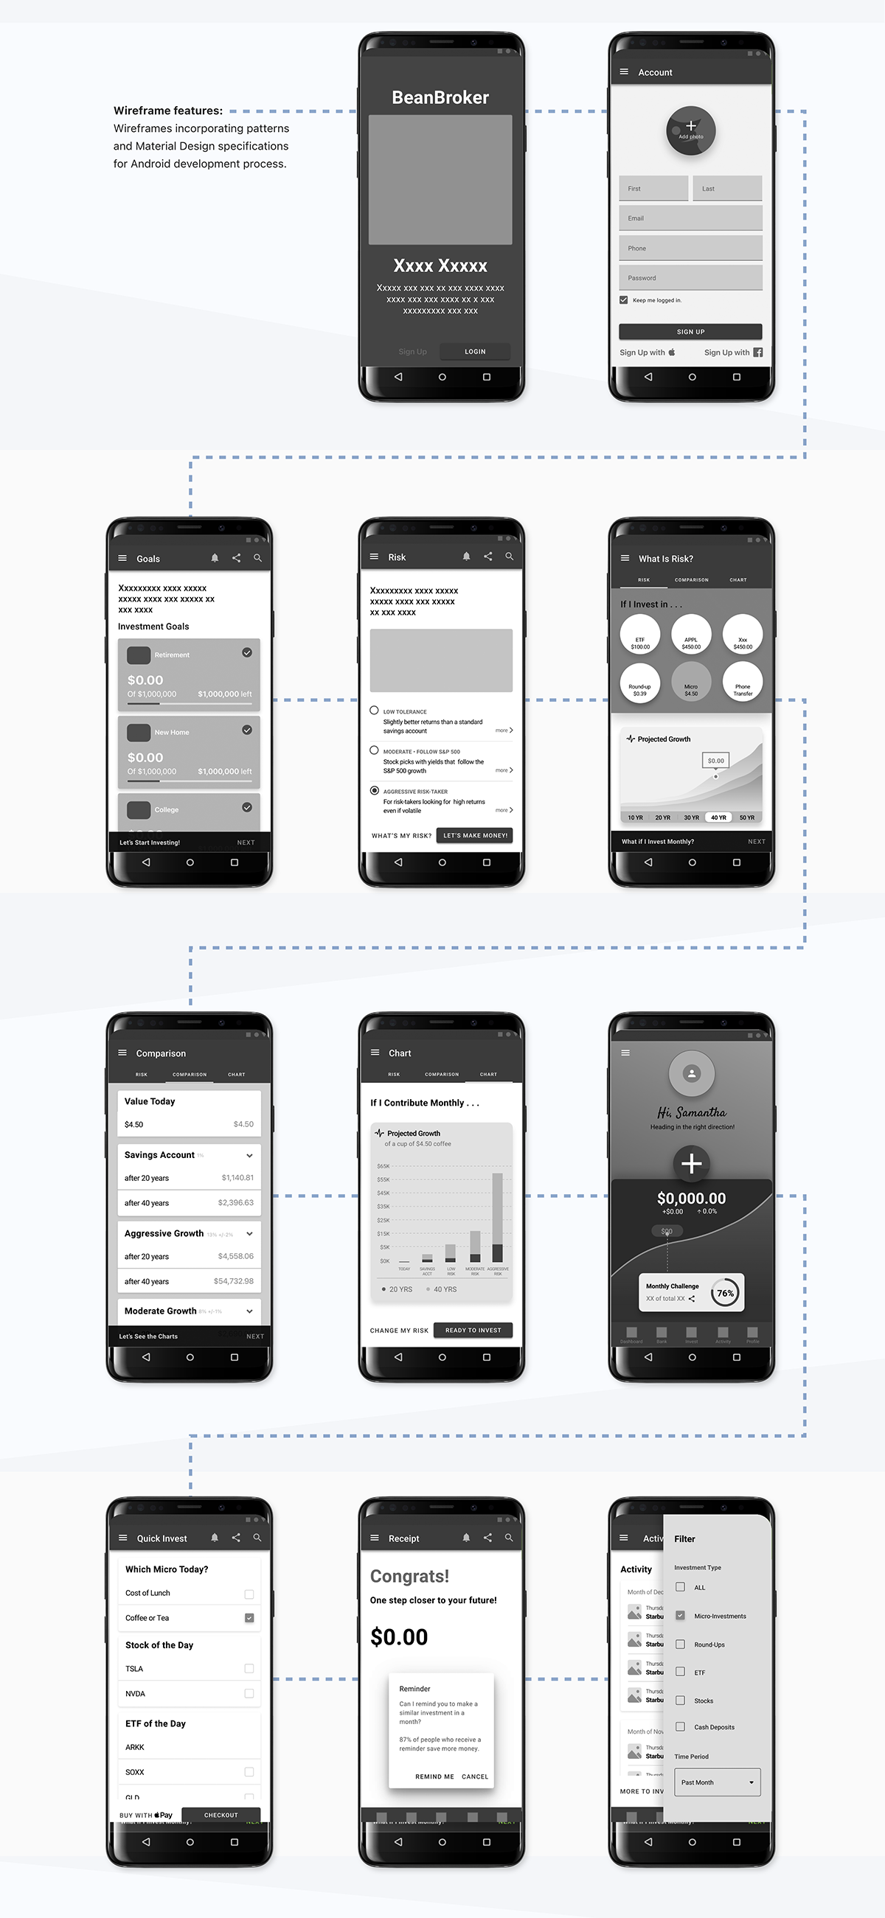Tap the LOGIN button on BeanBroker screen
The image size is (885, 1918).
pos(474,352)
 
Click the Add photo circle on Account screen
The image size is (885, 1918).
pos(690,130)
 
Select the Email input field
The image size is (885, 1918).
pos(690,218)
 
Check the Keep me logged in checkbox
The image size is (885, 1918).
pos(623,300)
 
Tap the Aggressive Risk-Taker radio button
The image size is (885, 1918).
pos(375,790)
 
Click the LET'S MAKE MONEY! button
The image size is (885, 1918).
pos(474,835)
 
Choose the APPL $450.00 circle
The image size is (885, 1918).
pos(690,635)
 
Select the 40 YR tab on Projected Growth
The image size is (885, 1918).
pos(718,817)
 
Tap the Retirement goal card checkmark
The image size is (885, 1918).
pos(246,652)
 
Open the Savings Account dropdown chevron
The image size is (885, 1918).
pos(249,1156)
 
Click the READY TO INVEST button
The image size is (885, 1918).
pos(473,1330)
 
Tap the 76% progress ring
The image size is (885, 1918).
pos(724,1293)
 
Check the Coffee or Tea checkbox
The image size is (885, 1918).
pos(249,1617)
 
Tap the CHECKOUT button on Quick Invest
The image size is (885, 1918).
pos(221,1815)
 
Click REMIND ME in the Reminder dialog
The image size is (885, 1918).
pos(434,1776)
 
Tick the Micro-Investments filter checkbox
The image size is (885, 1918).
pos(680,1615)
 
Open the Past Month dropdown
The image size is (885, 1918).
pos(717,1782)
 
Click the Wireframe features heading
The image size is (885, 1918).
pos(167,110)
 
